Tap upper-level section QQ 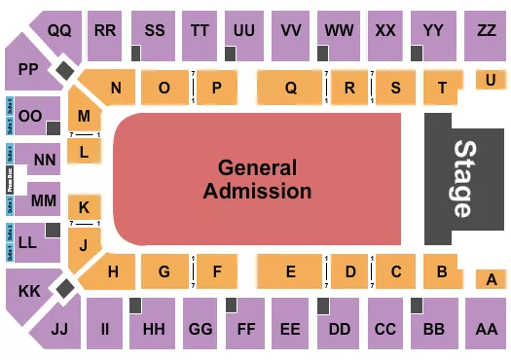pos(59,30)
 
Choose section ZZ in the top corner pos(486,31)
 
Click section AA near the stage pos(484,329)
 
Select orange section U pos(489,81)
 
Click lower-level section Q pos(290,88)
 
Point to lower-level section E pos(290,272)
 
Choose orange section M pos(85,117)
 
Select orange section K pos(85,206)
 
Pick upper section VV pos(289,31)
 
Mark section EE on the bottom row pos(289,329)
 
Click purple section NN pos(43,159)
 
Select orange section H pos(114,272)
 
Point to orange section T pos(442,88)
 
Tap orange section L pos(85,151)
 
